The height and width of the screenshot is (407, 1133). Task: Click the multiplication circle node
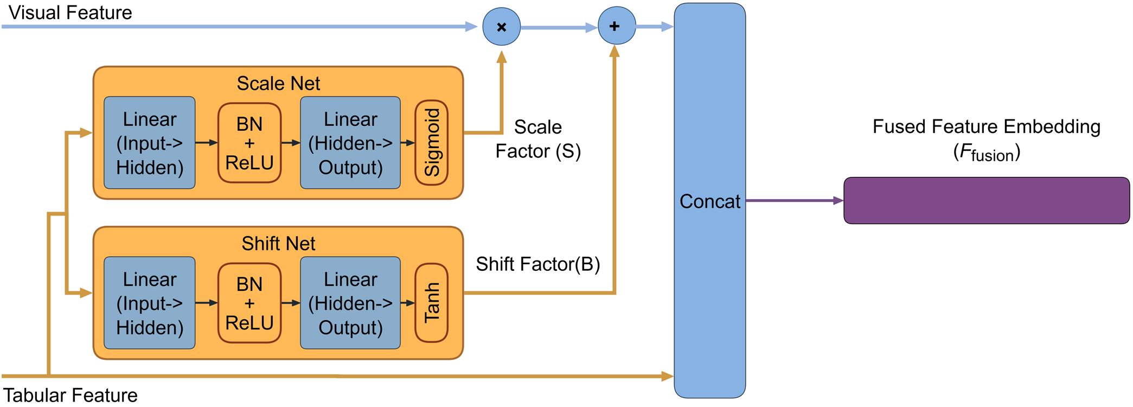click(x=501, y=27)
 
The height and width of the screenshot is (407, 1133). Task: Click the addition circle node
click(x=616, y=27)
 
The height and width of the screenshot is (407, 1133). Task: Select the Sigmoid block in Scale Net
click(x=431, y=143)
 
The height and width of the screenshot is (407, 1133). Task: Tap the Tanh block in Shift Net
click(x=431, y=303)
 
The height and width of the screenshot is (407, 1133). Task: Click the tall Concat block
click(x=709, y=201)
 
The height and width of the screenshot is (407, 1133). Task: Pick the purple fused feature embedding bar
click(x=986, y=200)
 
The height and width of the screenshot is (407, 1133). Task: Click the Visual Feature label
click(x=71, y=12)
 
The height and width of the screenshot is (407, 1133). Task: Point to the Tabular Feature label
click(x=71, y=395)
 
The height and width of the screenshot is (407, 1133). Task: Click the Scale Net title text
click(x=278, y=84)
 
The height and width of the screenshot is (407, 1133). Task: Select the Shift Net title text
click(x=278, y=244)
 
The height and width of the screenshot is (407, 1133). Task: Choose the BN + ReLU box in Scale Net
click(x=249, y=143)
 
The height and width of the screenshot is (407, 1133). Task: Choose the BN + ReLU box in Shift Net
click(x=249, y=303)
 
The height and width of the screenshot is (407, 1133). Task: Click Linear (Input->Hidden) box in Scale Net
click(x=150, y=143)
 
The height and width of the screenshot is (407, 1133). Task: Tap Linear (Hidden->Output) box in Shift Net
click(x=350, y=303)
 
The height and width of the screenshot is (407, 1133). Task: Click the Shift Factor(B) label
click(x=537, y=264)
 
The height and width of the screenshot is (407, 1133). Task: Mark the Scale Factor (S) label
click(x=537, y=139)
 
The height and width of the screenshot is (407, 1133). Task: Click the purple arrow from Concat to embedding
click(x=794, y=201)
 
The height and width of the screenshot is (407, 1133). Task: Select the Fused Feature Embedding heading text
click(x=986, y=127)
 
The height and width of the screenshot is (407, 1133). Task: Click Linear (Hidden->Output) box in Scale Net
click(x=350, y=143)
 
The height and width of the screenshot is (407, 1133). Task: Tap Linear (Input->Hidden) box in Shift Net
click(x=150, y=303)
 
